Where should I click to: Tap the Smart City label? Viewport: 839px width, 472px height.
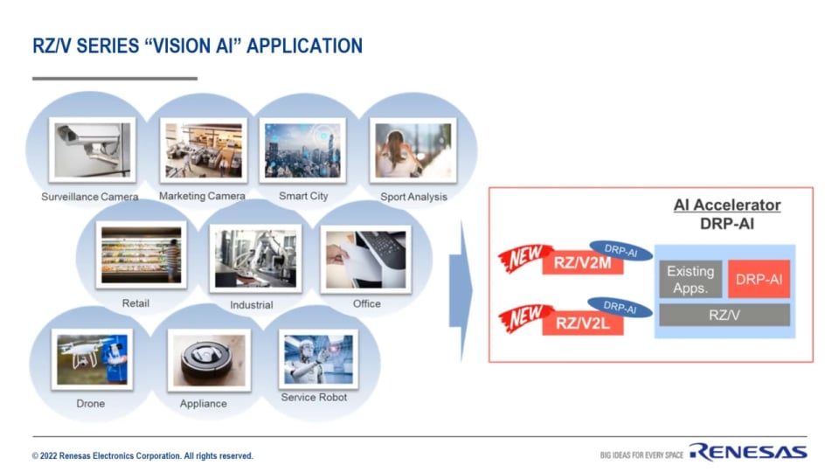pos(303,197)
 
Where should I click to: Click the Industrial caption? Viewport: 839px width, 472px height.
pos(251,305)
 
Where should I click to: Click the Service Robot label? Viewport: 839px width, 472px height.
pos(314,398)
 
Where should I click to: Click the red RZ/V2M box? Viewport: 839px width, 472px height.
pos(582,262)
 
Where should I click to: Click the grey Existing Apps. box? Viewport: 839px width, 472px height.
pos(690,278)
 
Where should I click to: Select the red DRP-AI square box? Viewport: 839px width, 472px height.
pos(758,278)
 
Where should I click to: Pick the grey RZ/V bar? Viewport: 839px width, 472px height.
pos(725,315)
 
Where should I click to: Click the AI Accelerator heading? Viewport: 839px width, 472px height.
pos(726,205)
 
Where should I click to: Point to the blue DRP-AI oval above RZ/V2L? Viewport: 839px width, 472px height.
pos(620,306)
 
